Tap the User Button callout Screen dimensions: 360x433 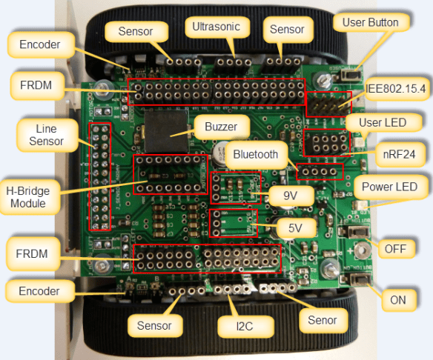[x=370, y=22]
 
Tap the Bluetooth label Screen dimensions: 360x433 [x=255, y=155]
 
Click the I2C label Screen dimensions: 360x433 [x=235, y=325]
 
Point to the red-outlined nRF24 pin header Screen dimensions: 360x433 [x=325, y=141]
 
